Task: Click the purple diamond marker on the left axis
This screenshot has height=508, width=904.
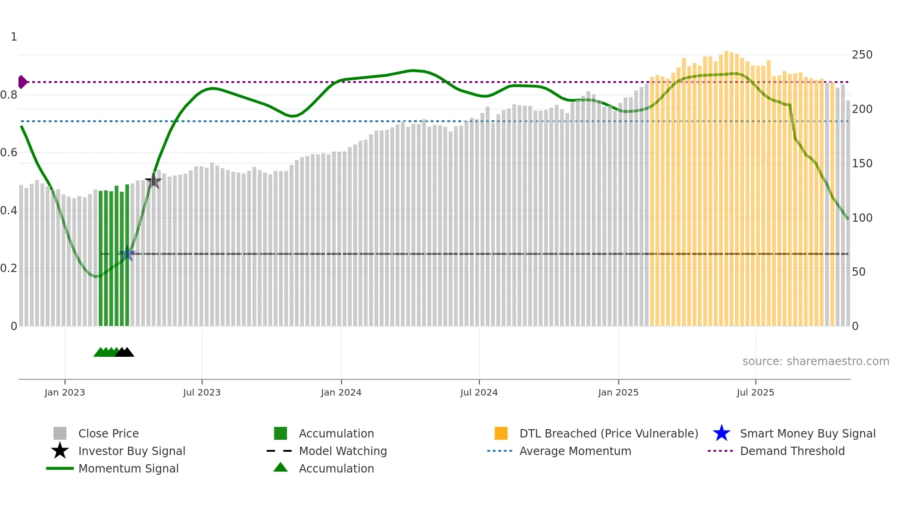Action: tap(22, 82)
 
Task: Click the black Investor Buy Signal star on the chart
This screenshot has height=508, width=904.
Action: tap(154, 181)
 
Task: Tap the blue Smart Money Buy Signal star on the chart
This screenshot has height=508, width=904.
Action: tap(127, 254)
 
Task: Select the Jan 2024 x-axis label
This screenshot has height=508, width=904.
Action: tap(341, 392)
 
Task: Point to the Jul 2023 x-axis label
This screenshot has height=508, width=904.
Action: tap(202, 392)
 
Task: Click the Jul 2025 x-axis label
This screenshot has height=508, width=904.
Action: tap(755, 392)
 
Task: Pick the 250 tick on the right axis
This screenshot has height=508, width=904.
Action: tap(862, 55)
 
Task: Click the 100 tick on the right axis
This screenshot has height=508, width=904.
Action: tap(862, 218)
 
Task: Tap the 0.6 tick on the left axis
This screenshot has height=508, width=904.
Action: tap(9, 153)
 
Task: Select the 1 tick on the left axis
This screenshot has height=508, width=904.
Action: tap(14, 37)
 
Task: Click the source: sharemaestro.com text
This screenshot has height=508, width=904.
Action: tap(815, 361)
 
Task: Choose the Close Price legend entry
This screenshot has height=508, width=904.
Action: tap(108, 433)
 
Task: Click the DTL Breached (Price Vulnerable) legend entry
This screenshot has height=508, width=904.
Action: tap(608, 433)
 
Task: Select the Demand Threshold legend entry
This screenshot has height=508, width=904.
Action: tap(792, 451)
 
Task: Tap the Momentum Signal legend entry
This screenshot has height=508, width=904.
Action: tap(128, 468)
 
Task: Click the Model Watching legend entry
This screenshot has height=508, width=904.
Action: tap(343, 451)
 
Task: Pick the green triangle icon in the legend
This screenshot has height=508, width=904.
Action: tap(280, 467)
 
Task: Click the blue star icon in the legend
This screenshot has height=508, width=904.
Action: tap(721, 433)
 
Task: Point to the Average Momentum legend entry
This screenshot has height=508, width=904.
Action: tap(575, 451)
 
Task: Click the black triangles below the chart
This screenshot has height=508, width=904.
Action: tap(125, 352)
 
